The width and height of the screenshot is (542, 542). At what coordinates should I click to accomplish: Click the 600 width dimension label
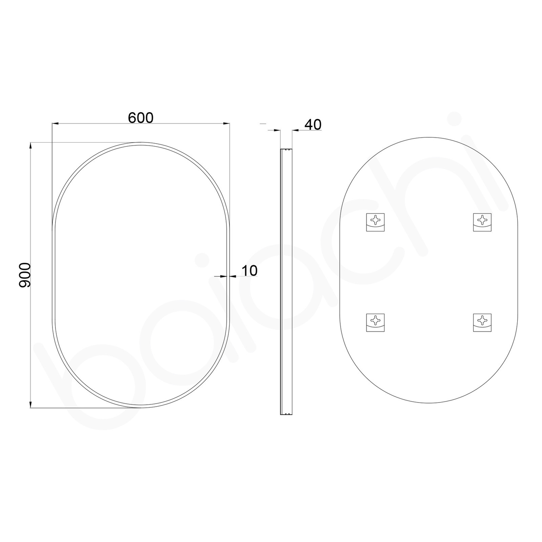[x=141, y=118]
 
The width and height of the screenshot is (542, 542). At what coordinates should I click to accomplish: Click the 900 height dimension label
[x=25, y=275]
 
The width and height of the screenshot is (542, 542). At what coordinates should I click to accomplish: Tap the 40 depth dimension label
[x=313, y=125]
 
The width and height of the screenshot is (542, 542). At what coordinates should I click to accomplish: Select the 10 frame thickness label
[x=249, y=270]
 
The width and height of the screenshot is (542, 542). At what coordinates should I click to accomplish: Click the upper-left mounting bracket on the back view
[x=375, y=222]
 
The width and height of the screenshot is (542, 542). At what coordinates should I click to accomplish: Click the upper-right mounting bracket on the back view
[x=482, y=222]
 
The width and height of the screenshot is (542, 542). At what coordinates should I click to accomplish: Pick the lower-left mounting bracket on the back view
[x=375, y=322]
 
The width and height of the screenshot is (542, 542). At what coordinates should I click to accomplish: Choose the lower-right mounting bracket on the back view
[x=482, y=322]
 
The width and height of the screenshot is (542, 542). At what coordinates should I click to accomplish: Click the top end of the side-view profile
[x=286, y=150]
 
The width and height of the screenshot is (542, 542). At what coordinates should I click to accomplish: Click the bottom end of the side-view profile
[x=286, y=414]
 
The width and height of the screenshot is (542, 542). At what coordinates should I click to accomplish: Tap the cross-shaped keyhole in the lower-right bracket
[x=482, y=320]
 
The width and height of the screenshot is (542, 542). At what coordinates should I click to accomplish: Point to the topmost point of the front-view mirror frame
[x=141, y=143]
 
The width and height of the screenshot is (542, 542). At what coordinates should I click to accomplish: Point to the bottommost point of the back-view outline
[x=428, y=403]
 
